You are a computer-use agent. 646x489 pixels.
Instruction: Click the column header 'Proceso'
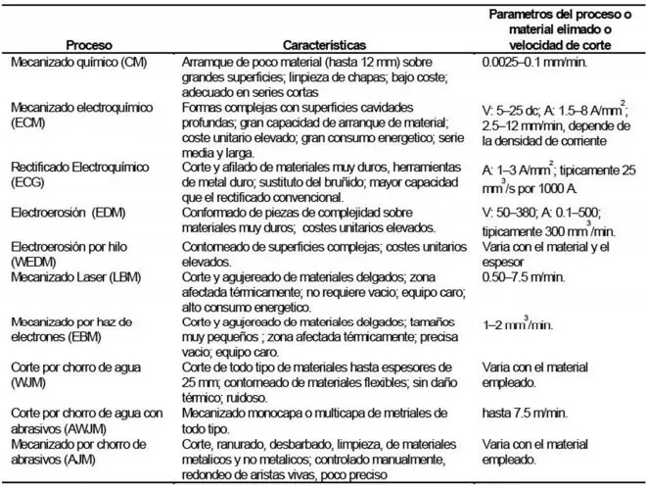click(x=87, y=45)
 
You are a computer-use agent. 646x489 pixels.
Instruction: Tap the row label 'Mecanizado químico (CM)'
click(x=73, y=62)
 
